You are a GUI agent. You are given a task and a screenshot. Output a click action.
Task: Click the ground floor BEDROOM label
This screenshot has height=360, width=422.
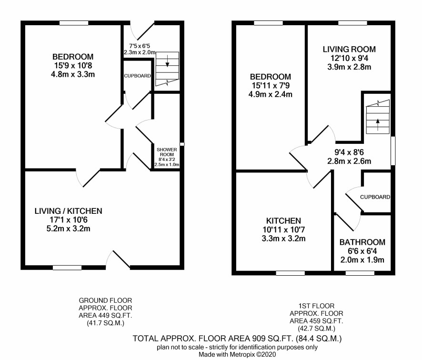pos(73,57)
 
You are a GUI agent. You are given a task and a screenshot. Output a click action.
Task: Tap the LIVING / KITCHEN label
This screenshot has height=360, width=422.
pos(69,211)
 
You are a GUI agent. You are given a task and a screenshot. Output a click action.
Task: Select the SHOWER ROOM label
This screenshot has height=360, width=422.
pos(167,152)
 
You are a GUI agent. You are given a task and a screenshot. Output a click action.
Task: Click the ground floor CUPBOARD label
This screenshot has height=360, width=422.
pos(137,76)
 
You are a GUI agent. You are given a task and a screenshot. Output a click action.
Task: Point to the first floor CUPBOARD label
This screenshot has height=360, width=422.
pos(375,197)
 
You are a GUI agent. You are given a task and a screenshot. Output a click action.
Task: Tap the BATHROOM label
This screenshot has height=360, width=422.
pos(362,242)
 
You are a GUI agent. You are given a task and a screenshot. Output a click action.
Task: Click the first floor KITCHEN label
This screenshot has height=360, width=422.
pos(283,221)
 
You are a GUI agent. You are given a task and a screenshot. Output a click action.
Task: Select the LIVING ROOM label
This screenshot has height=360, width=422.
pos(349,49)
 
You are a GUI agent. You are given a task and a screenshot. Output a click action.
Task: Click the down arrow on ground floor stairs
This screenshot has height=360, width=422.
pos(167,61)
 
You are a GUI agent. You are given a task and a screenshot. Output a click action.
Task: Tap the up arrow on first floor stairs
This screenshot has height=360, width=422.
pos(378,125)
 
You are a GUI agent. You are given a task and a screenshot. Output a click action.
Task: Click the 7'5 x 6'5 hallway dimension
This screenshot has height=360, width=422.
pos(140,46)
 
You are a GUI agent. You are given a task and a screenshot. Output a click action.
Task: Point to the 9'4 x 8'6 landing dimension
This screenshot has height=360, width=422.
pos(349,152)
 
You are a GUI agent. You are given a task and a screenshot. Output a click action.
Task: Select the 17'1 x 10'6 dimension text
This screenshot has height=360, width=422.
pos(69,220)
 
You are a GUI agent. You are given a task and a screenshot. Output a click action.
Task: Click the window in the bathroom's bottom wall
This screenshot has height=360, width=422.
pos(360,273)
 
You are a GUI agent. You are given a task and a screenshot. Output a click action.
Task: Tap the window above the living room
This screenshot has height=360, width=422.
pos(352,23)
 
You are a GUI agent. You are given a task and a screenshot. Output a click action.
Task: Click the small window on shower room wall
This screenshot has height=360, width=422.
pos(182,144)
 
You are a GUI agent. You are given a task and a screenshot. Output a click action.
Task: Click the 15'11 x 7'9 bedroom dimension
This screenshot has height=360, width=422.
pos(271,86)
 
